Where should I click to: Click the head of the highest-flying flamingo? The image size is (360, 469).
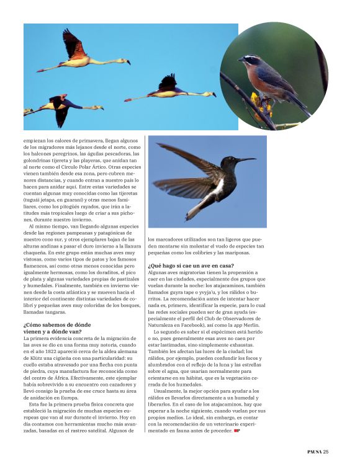(x=128, y=61)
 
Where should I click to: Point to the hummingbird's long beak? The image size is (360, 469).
(x=245, y=160)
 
